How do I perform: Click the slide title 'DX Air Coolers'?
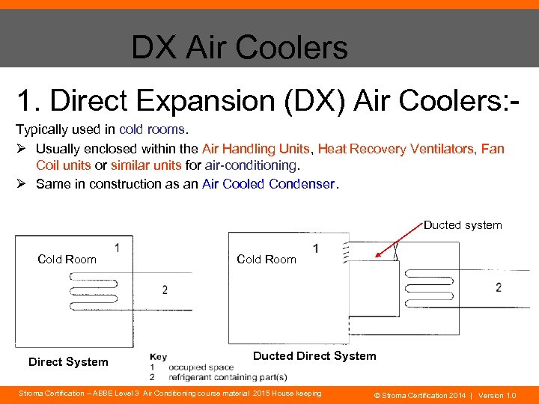coord(239,47)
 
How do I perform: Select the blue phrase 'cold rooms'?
coord(153,129)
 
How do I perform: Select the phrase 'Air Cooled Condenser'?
coord(269,184)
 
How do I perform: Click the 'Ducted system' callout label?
coord(462,225)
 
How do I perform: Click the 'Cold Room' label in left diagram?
coord(67,260)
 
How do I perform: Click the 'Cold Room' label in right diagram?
coord(266,260)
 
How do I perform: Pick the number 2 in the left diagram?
coord(165,290)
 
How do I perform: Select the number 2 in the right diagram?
coord(499,287)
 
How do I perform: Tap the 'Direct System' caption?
coord(68,362)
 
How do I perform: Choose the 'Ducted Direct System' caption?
coord(314,356)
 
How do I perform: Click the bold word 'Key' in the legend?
coord(158,357)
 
